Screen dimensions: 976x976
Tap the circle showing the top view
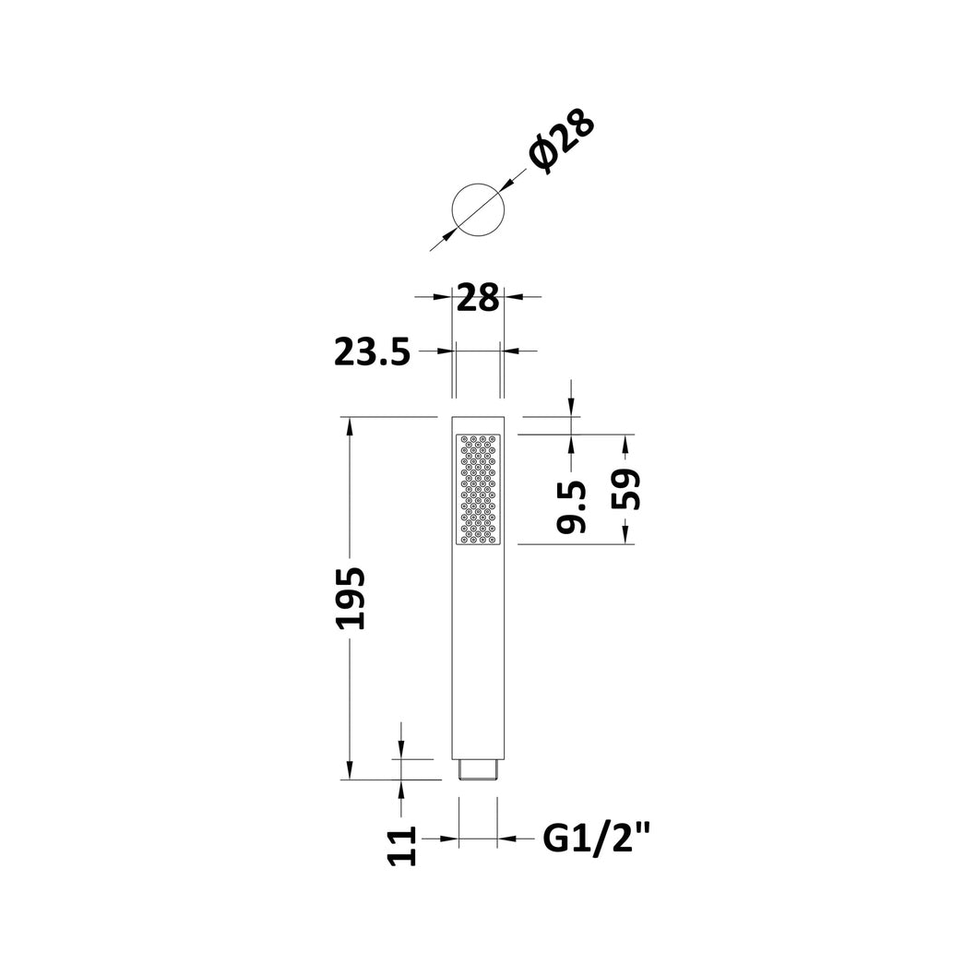(x=478, y=184)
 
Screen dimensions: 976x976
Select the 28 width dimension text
(x=478, y=298)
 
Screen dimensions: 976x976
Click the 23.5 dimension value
(x=372, y=352)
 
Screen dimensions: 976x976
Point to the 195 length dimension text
(x=349, y=598)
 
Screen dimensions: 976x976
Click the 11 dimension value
(x=401, y=846)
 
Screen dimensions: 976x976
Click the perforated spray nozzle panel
(x=478, y=489)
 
